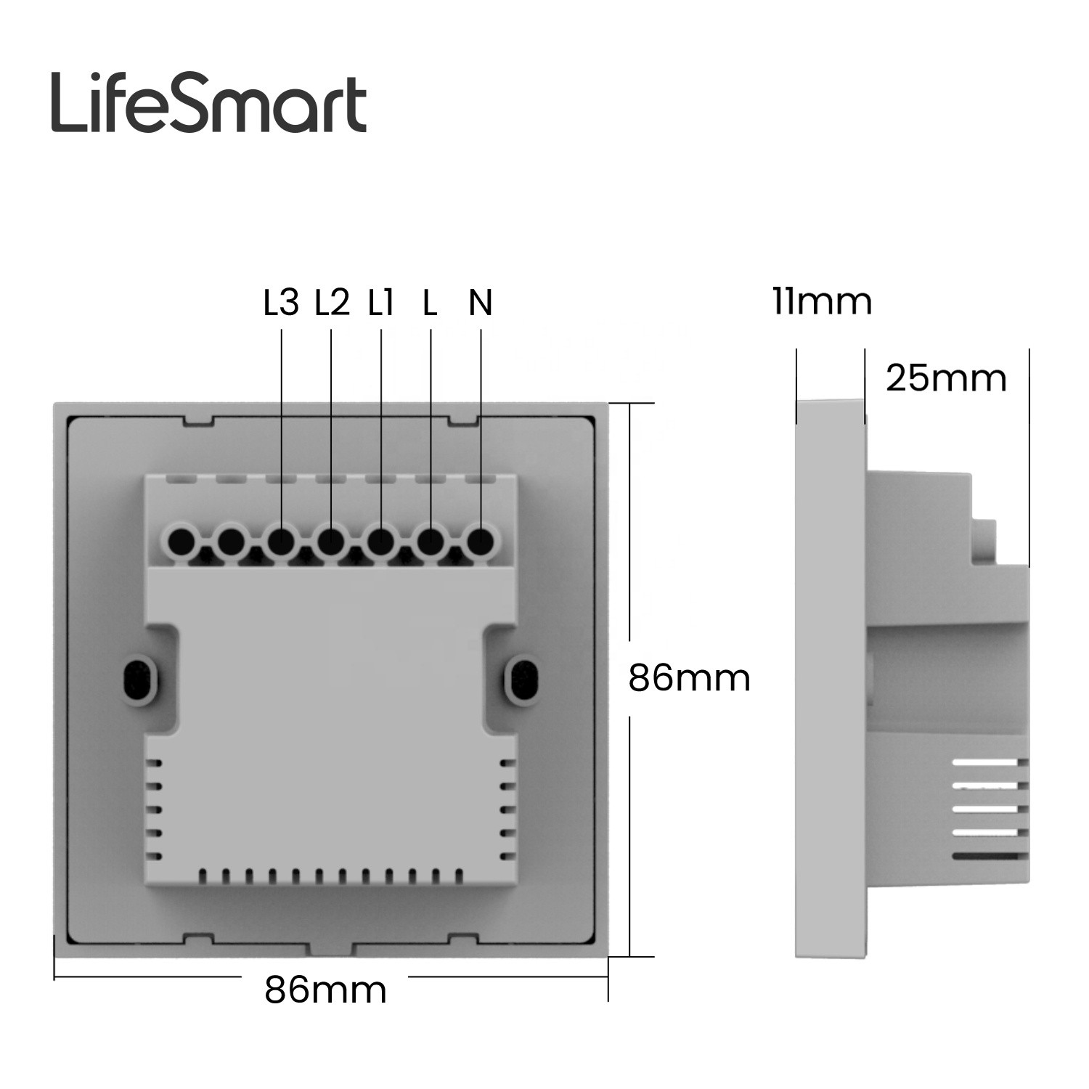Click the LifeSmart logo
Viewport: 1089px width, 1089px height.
208,106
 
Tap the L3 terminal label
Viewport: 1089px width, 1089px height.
281,303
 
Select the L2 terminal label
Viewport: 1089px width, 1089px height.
332,303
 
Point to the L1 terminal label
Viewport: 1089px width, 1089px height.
381,303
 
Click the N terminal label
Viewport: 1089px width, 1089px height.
481,303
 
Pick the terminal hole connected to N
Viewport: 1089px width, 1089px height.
479,541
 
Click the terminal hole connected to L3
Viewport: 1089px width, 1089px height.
281,541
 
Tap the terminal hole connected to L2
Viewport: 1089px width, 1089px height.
331,541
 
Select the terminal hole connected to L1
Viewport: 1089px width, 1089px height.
380,541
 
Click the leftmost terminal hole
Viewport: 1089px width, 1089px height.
181,541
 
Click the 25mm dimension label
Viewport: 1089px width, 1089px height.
946,378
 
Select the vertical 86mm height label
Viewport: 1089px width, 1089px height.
689,679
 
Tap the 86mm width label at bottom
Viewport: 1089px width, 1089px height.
325,989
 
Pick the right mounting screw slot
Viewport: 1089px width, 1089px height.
523,680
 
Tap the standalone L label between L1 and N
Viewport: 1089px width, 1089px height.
431,303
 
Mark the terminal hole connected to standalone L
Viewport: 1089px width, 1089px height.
430,541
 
